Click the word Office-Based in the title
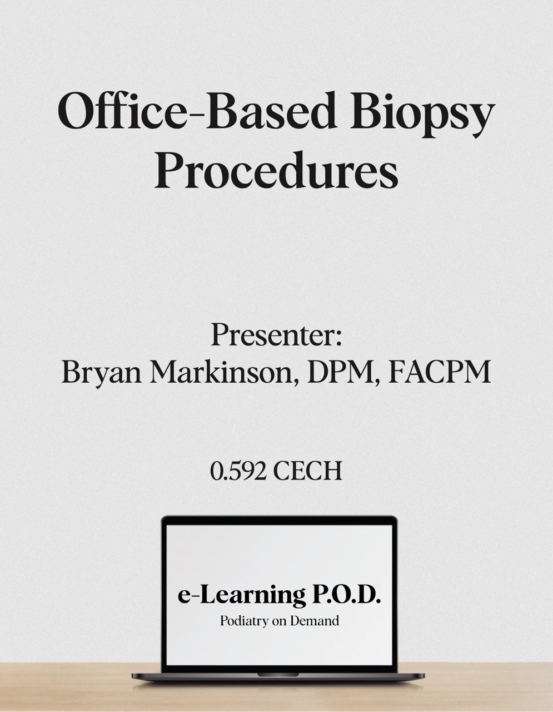(x=197, y=111)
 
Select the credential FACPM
(x=440, y=372)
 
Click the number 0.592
(x=238, y=471)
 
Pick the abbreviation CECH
(x=307, y=471)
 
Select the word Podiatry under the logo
(x=244, y=621)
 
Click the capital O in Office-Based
(x=76, y=111)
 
